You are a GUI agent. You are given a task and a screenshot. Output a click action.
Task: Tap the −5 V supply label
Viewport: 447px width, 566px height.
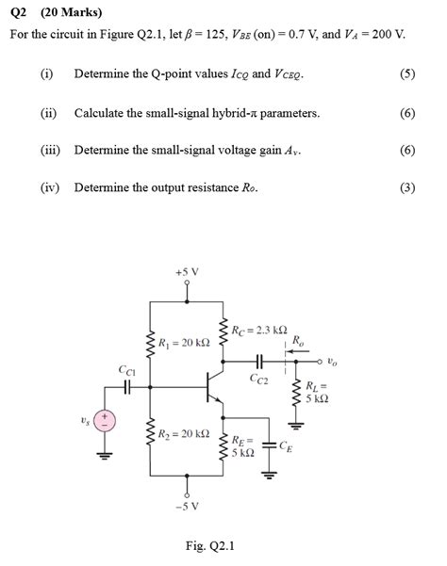pyautogui.click(x=187, y=505)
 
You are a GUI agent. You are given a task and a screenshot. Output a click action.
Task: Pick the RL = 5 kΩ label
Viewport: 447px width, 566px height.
pyautogui.click(x=317, y=392)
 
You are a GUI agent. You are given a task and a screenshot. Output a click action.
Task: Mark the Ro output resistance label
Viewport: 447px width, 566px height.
pyautogui.click(x=298, y=341)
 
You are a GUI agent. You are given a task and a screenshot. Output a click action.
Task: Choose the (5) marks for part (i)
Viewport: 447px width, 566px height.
pyautogui.click(x=406, y=73)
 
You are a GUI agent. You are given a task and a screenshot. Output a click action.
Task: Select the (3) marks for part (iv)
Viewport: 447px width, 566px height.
pyautogui.click(x=406, y=186)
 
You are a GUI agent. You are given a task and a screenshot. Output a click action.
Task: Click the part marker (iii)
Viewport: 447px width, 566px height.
pyautogui.click(x=51, y=149)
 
